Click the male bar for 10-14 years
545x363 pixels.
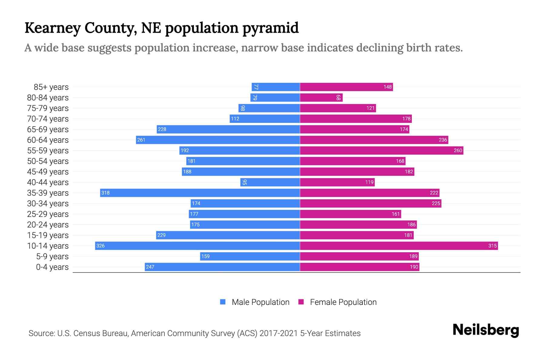(x=197, y=246)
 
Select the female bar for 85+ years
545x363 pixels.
(x=346, y=87)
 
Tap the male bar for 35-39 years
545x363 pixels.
(x=200, y=193)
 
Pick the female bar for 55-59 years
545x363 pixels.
(x=381, y=150)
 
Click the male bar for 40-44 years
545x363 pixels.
(x=270, y=182)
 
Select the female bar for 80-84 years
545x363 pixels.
(x=321, y=97)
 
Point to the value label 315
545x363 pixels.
(x=492, y=246)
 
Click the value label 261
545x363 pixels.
(x=141, y=140)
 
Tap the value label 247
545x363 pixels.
(x=150, y=267)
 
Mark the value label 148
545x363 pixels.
(x=388, y=87)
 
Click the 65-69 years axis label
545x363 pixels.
(x=48, y=129)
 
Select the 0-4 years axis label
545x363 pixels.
(x=52, y=267)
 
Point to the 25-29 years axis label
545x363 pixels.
(x=48, y=214)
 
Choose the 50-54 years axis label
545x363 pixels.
(x=48, y=161)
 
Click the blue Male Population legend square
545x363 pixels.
(x=223, y=302)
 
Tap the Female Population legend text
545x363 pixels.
(x=343, y=302)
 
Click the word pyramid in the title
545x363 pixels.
(x=270, y=28)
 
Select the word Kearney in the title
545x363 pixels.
(x=53, y=28)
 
